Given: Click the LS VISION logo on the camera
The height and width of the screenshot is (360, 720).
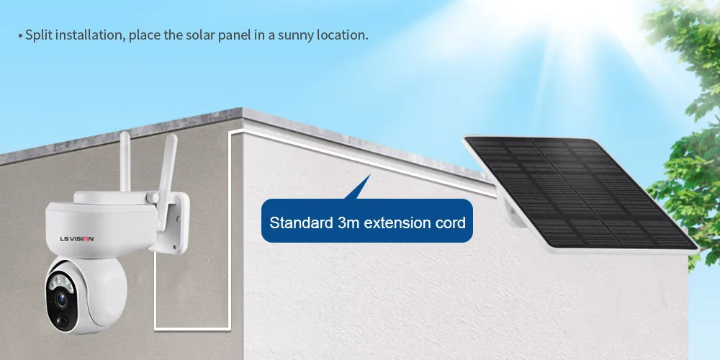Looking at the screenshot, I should coord(76,238).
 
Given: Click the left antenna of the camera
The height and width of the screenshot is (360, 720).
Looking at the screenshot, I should coord(125,161).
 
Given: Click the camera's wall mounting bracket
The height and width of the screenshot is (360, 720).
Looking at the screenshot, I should coord(173,223).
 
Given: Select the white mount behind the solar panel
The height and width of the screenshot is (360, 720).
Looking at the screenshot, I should coord(513,212).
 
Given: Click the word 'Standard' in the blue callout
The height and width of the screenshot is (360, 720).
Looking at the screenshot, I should coord(301,222).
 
